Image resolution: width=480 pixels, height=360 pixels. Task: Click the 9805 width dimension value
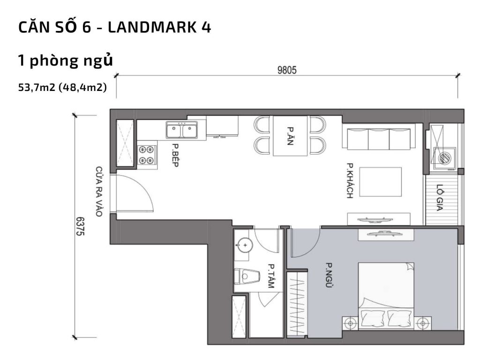click(x=287, y=70)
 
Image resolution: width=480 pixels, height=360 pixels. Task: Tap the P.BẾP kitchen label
click(x=175, y=156)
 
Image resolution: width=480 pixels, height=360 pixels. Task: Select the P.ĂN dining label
click(x=290, y=136)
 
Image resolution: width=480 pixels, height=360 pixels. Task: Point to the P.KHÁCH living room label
click(x=350, y=180)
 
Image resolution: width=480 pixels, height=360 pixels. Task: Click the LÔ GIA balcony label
click(x=439, y=197)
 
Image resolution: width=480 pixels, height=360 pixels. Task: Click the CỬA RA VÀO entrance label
click(x=99, y=191)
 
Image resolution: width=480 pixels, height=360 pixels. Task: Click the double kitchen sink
click(x=182, y=130)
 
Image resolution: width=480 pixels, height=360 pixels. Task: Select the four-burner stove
click(x=146, y=155)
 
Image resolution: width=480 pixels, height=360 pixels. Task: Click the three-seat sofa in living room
click(x=379, y=138)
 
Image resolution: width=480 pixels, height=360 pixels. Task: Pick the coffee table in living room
click(x=381, y=182)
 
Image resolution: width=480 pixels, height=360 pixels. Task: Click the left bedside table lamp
click(x=350, y=322)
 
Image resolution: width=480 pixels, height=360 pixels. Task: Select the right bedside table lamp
click(x=424, y=322)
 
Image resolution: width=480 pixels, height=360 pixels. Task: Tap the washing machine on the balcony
click(x=444, y=158)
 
